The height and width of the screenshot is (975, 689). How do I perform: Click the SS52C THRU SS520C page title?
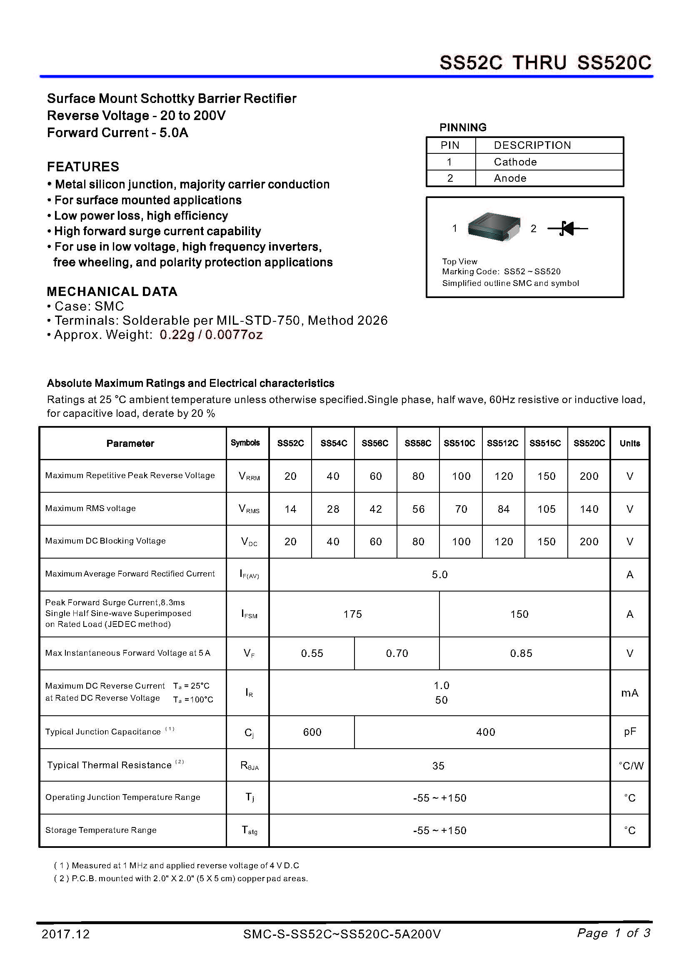point(545,63)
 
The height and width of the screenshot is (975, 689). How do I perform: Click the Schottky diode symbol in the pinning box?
point(567,228)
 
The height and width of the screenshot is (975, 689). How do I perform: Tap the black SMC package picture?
point(494,227)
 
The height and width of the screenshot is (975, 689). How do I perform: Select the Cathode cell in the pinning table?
point(515,162)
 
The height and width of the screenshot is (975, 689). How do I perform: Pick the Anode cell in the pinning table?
point(510,178)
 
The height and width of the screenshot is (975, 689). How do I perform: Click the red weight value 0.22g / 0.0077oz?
point(211,335)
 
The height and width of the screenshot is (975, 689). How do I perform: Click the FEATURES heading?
point(83,166)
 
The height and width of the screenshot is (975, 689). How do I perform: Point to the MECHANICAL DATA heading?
point(112,291)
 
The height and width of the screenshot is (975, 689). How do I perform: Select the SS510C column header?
point(459,443)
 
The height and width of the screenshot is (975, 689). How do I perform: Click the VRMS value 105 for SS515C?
point(546,509)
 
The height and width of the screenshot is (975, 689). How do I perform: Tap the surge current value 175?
point(352,614)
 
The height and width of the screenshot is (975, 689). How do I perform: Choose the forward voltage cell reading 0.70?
point(397,653)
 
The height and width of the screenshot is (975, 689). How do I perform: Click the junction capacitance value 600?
point(312,732)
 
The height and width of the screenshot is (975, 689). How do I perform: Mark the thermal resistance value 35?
point(438,766)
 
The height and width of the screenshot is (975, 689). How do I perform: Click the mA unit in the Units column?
point(629,693)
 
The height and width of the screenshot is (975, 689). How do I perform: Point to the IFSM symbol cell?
point(249,614)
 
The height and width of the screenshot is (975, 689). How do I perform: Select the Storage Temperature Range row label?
point(101,830)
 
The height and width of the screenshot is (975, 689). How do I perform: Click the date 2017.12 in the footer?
point(66,934)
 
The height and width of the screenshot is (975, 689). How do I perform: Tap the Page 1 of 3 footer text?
point(614,933)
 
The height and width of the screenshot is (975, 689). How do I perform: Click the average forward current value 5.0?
point(439,574)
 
